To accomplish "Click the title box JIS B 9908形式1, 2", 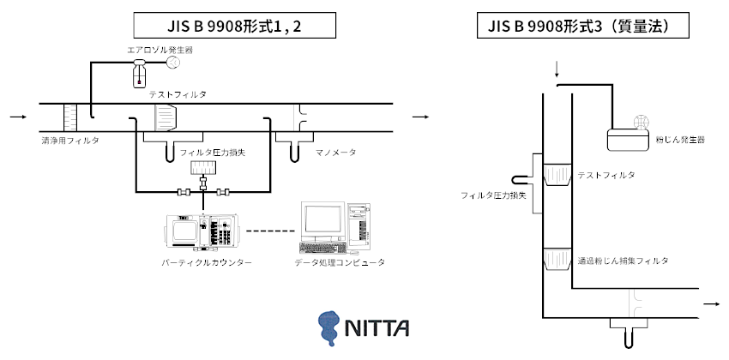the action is (234, 26).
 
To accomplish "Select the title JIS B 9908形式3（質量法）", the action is (583, 26).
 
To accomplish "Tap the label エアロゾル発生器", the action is (160, 50).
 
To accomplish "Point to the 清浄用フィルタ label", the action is (69, 140).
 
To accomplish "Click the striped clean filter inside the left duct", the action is (69, 117).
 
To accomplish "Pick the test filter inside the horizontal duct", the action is (166, 117).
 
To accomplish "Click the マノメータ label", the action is (335, 153).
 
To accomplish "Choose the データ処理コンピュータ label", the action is (340, 263).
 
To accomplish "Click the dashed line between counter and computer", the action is (271, 231).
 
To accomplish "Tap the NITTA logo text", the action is (377, 328).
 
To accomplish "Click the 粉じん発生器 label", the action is (680, 140).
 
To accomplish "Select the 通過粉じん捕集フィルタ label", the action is (623, 261).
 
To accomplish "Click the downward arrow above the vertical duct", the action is (557, 70).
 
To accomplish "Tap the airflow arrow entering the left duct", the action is (19, 117).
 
